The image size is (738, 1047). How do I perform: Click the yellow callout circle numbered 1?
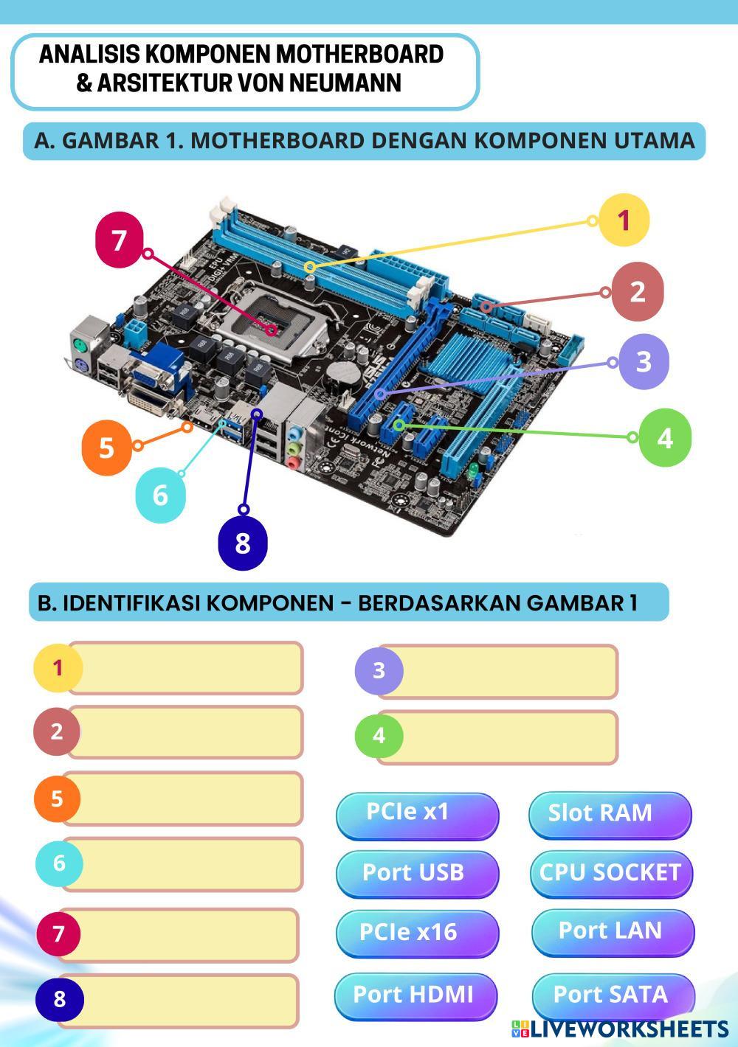point(624,220)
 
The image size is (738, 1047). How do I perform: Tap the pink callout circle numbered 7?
point(120,240)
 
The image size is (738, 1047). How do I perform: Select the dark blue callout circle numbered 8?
point(243,543)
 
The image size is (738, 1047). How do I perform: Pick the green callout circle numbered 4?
point(665,437)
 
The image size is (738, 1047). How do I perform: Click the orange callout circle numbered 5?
point(106,448)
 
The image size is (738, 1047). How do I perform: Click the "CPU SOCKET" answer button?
point(611,874)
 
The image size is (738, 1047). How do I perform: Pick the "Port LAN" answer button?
point(612,932)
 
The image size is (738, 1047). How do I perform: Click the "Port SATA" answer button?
point(613,995)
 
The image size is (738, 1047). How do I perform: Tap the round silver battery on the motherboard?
point(343,373)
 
